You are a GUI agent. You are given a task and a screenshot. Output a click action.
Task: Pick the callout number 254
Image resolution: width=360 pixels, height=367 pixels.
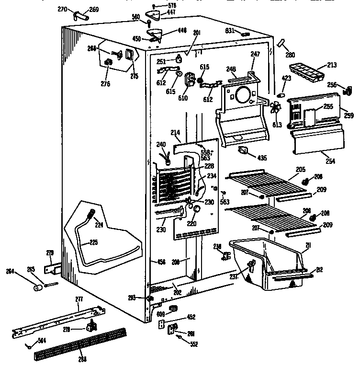coord(329,161)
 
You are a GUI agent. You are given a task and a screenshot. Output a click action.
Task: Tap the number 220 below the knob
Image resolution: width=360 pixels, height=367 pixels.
coord(192,223)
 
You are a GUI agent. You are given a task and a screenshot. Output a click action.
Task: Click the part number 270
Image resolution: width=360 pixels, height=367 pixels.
coord(62,9)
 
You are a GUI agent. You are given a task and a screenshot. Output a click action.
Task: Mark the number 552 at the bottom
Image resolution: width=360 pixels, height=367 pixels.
coord(193,344)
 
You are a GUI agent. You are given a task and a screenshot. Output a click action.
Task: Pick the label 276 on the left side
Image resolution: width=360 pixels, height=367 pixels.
coord(105,84)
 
